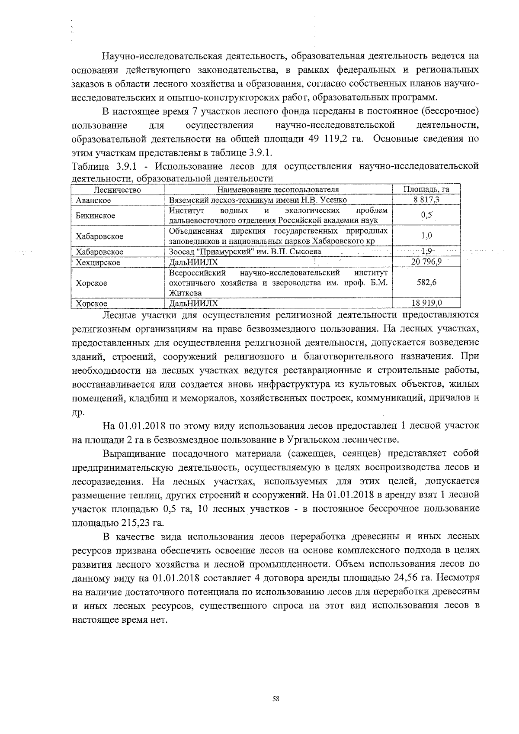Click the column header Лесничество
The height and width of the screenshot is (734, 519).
117,190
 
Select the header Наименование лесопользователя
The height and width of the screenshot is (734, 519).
278,190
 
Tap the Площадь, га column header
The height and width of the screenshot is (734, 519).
426,190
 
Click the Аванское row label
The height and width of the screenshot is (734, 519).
93,200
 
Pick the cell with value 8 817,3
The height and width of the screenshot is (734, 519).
426,200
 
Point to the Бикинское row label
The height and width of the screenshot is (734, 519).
95,216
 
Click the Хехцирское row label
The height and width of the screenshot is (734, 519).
98,262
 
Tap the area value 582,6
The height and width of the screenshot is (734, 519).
426,282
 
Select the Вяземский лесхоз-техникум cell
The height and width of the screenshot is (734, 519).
258,200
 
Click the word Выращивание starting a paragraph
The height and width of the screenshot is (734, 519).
135,453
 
